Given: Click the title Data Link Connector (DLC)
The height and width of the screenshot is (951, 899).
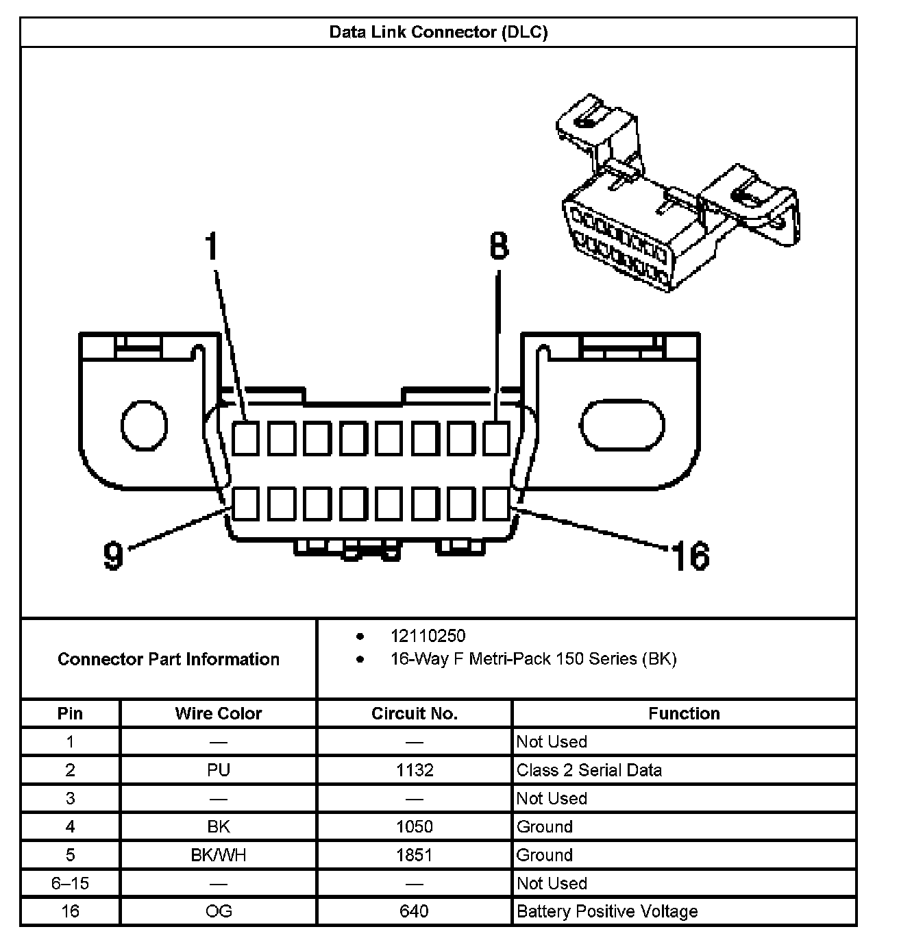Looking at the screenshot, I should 439,32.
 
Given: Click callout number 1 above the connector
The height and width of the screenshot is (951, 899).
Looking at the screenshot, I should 212,247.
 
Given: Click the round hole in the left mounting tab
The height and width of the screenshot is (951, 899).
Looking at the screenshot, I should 144,425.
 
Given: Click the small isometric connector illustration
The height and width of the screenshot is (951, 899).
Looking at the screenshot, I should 675,195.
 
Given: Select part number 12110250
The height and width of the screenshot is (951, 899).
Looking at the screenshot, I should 428,636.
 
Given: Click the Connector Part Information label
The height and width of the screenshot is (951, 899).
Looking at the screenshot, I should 169,659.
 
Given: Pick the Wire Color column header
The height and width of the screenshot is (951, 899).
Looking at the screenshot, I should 219,713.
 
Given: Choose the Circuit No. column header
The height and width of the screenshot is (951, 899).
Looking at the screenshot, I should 414,713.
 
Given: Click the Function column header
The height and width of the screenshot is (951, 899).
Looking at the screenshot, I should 684,713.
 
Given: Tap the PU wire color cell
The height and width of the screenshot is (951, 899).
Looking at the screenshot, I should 219,770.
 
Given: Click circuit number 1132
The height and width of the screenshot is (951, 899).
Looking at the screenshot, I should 415,770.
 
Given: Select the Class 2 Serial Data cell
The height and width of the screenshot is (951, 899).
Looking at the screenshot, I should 589,770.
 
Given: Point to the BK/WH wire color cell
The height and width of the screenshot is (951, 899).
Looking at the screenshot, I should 219,855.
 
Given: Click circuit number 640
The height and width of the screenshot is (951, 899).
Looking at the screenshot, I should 414,911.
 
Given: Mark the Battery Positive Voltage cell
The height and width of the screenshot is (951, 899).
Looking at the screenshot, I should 607,911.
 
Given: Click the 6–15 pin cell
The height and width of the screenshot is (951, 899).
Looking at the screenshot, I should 70,883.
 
